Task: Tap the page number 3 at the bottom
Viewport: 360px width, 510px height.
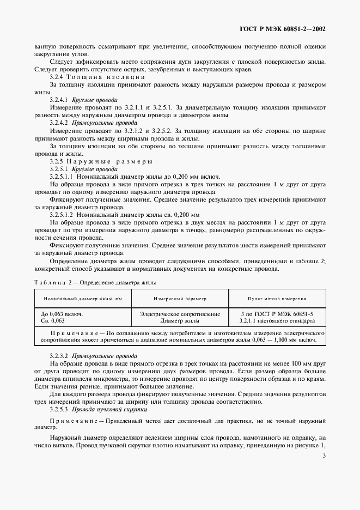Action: [324, 456]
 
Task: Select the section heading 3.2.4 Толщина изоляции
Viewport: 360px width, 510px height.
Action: [97, 77]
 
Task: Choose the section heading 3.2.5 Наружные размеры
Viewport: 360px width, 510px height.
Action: [101, 162]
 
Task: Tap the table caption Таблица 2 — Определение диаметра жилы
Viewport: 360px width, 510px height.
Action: [95, 283]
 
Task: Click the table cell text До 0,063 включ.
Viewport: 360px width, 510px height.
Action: [62, 314]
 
